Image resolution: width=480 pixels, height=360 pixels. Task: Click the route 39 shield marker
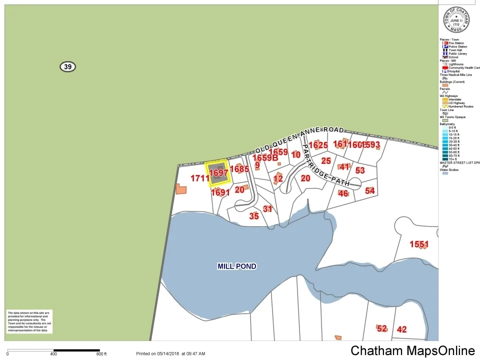(67, 66)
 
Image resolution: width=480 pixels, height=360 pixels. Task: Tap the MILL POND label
(237, 266)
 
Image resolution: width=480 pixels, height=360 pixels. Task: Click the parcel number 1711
(199, 178)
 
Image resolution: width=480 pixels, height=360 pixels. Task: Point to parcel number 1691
(220, 192)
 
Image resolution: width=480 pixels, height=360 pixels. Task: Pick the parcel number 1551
(419, 244)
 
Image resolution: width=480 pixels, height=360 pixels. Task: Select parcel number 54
(370, 190)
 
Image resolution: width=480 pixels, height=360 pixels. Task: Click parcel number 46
(343, 193)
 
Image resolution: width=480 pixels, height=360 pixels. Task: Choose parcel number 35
(254, 216)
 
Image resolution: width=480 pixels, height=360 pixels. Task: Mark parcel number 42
(401, 329)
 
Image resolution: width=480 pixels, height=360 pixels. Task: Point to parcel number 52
(382, 328)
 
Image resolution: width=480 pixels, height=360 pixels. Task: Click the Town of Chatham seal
(456, 19)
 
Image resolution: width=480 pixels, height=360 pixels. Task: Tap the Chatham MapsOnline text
(412, 350)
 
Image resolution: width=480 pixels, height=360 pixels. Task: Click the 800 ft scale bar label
(101, 354)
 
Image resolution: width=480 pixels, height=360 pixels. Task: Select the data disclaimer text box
(29, 321)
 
